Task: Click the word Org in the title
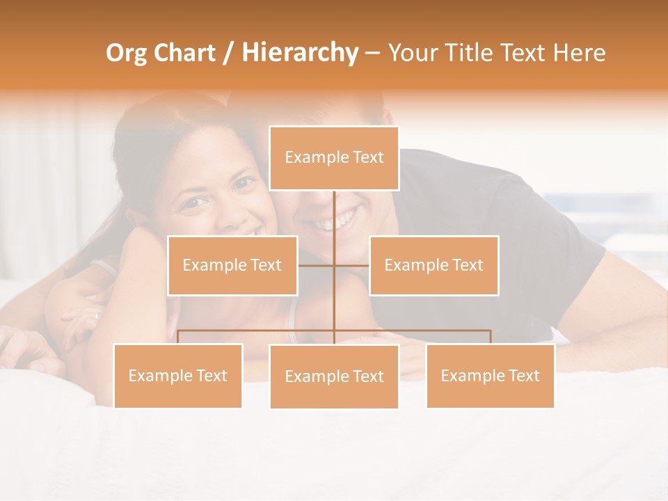(x=126, y=53)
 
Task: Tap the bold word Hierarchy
(x=299, y=53)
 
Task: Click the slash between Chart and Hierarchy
(x=228, y=53)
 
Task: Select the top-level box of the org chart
(x=334, y=158)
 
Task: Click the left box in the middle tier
(x=232, y=265)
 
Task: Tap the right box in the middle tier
(x=434, y=265)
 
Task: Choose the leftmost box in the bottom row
(x=177, y=376)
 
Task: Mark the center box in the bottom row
(x=334, y=376)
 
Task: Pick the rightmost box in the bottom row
(x=490, y=376)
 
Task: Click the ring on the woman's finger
(x=96, y=315)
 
